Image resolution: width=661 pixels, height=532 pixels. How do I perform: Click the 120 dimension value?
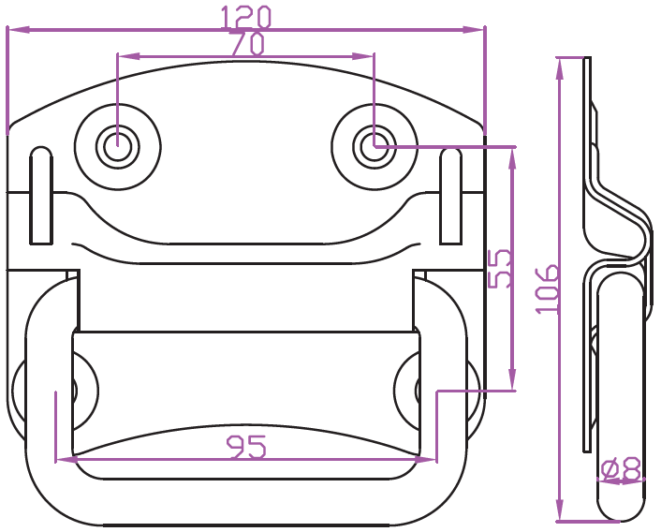[245, 17]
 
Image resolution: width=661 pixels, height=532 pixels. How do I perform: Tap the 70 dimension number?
[248, 43]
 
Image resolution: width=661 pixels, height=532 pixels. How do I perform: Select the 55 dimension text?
[500, 269]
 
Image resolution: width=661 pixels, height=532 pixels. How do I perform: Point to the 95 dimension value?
[246, 447]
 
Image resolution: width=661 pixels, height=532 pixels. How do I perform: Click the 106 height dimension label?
[548, 289]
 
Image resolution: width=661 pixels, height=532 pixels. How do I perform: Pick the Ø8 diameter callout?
[621, 468]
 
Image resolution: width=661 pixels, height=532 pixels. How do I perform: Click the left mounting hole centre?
[117, 146]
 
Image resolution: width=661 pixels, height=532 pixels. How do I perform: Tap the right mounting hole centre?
[375, 146]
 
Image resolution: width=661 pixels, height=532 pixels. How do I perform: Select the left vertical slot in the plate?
[41, 195]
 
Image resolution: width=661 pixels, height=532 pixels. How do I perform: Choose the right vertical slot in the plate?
[450, 196]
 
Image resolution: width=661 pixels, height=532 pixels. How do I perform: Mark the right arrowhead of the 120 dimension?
[474, 30]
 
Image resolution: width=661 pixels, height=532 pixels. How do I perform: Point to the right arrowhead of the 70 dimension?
[363, 56]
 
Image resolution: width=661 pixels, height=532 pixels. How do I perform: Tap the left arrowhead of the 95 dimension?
[66, 460]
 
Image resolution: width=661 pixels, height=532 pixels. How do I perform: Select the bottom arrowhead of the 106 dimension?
[560, 510]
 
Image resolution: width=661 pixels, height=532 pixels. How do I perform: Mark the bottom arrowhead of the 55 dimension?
[512, 379]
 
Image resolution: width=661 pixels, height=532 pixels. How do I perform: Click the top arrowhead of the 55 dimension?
[512, 158]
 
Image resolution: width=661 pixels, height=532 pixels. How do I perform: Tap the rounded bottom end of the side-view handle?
[622, 512]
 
